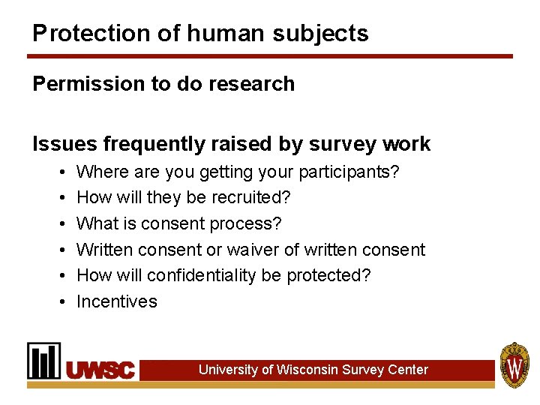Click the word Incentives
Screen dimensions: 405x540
[x=117, y=301]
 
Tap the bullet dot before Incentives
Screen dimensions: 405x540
[x=60, y=301]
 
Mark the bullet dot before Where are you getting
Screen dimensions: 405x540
[x=60, y=172]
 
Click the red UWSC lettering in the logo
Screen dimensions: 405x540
[x=100, y=370]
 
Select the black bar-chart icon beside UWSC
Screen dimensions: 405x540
[x=44, y=361]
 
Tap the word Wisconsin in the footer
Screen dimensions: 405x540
[x=307, y=370]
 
